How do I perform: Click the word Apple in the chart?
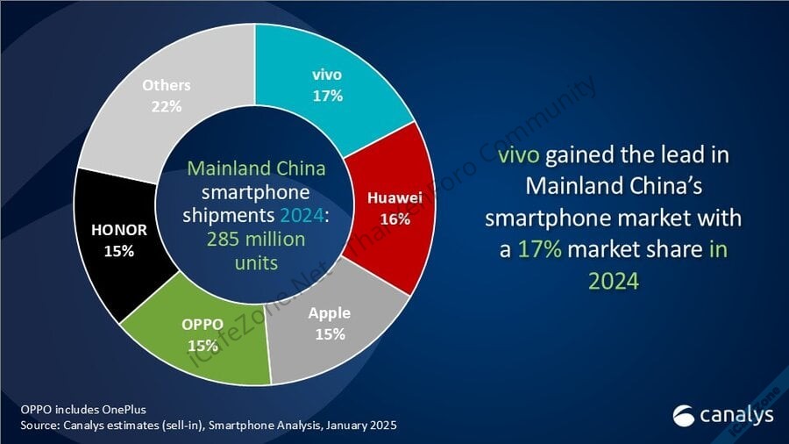[x=330, y=312]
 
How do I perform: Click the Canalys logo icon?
[x=684, y=413]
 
